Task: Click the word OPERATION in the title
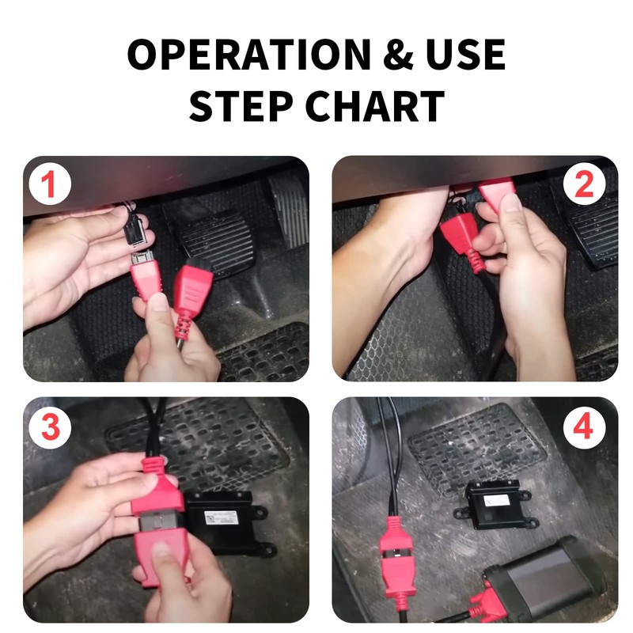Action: pos(249,54)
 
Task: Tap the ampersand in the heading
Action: pos(398,54)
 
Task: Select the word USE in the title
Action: pos(465,54)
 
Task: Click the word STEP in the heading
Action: pos(241,106)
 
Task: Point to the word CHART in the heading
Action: pos(375,106)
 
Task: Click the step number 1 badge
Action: pos(50,184)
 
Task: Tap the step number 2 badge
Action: pos(584,184)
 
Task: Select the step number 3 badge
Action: pos(51,427)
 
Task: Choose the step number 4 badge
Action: pos(584,427)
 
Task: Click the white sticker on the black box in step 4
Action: pos(497,501)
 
